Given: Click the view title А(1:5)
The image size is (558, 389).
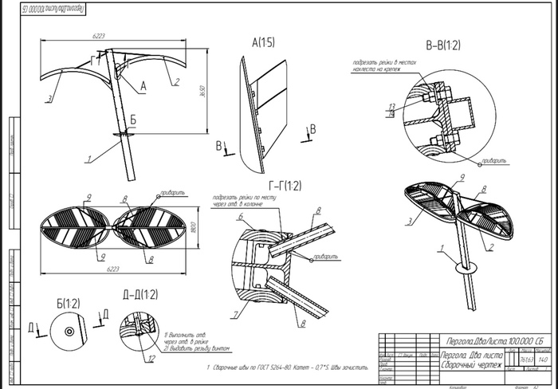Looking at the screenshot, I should [264, 42].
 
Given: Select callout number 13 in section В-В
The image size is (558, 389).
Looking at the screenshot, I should [391, 105].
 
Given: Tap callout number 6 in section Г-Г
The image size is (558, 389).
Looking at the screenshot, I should [238, 217].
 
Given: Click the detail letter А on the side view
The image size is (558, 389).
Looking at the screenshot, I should [143, 84].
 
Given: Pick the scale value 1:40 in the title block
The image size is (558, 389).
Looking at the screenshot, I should [544, 360].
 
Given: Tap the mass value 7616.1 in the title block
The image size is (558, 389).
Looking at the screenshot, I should [526, 360].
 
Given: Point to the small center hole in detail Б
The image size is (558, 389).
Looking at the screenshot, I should [70, 330].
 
